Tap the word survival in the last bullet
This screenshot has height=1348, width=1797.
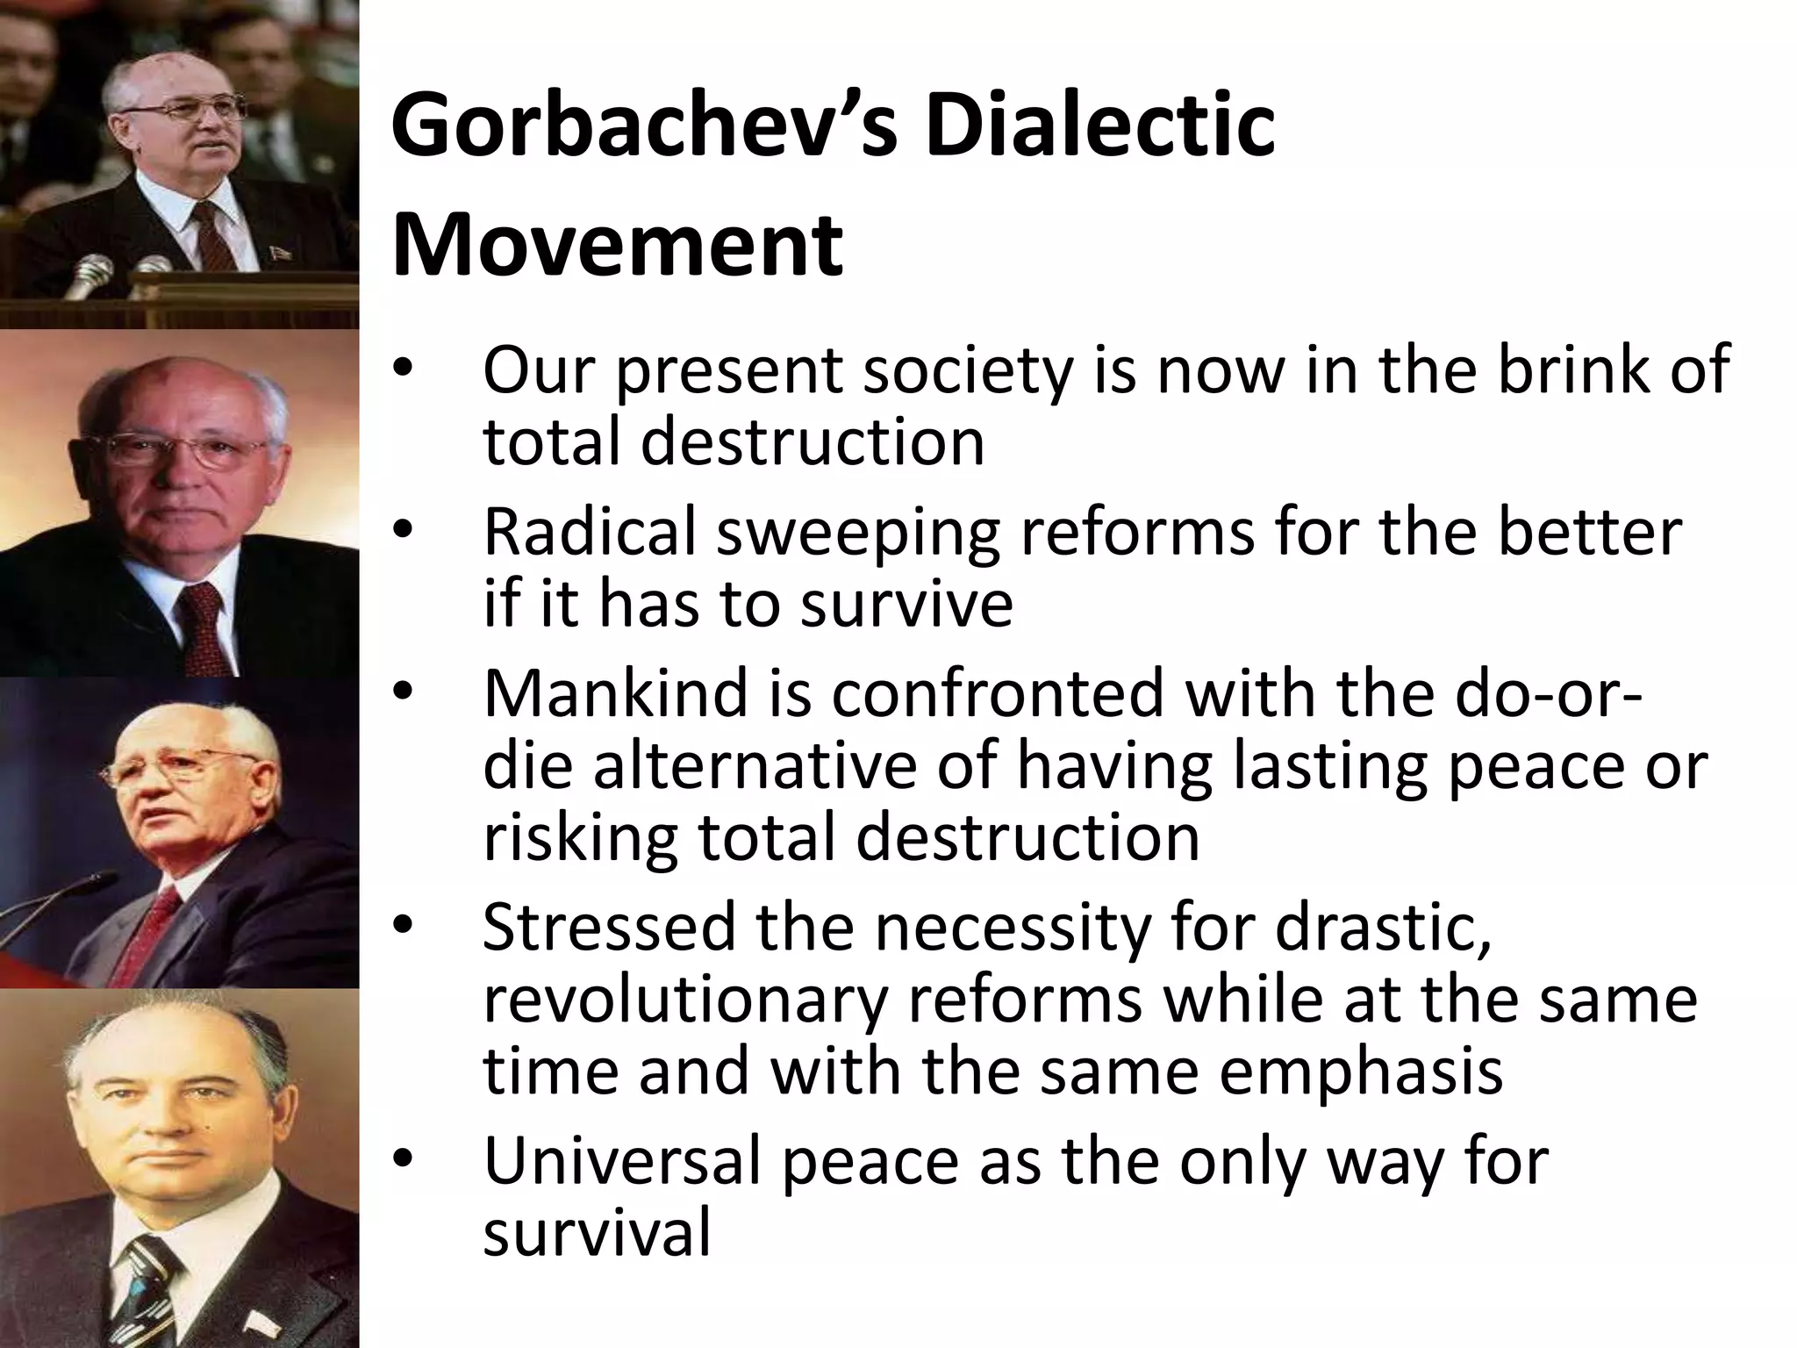pyautogui.click(x=597, y=1234)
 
